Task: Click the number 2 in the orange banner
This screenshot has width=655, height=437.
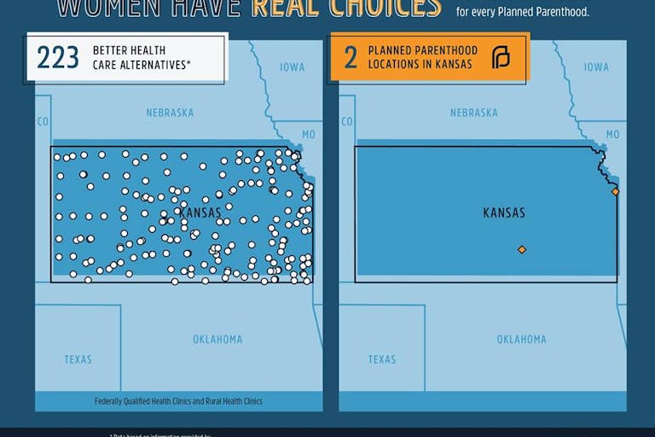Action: click(x=351, y=58)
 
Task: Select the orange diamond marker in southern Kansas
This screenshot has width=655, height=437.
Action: click(x=522, y=249)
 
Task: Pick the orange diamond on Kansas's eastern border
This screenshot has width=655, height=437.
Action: click(x=615, y=191)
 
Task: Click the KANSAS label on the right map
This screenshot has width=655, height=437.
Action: click(x=504, y=213)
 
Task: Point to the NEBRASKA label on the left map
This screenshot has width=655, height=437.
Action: click(x=170, y=113)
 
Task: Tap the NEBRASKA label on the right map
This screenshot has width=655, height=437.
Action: click(x=473, y=113)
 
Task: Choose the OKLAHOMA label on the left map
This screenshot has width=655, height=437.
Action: click(x=217, y=340)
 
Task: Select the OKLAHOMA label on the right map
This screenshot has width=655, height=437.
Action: click(x=521, y=340)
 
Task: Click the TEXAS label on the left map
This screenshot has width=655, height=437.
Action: click(x=78, y=359)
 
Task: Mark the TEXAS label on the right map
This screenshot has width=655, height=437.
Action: click(x=382, y=359)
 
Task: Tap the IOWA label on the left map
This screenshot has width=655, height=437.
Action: click(x=293, y=67)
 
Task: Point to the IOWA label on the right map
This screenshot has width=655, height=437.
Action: click(x=596, y=67)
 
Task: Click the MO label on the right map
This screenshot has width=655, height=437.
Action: click(x=612, y=135)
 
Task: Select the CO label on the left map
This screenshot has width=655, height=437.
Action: click(x=43, y=122)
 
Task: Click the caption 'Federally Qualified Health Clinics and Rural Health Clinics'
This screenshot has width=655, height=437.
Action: click(x=178, y=401)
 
